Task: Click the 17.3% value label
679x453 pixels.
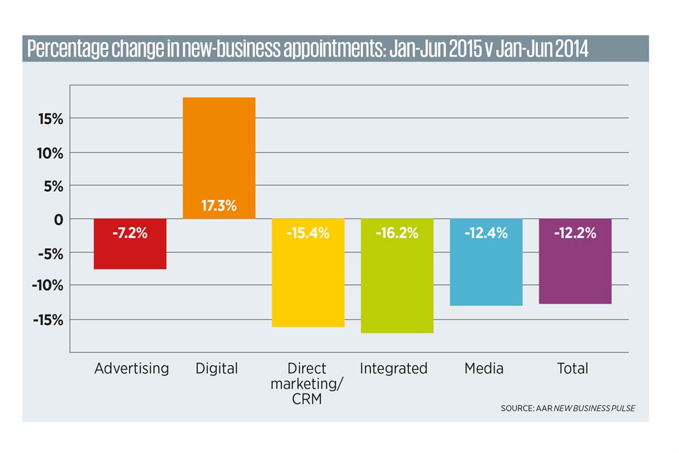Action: tap(219, 206)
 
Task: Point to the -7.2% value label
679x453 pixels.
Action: tap(130, 233)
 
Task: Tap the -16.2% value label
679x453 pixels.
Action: tap(397, 233)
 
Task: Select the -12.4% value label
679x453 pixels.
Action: tap(486, 233)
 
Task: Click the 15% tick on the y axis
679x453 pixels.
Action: tap(50, 119)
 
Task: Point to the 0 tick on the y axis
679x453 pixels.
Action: tap(58, 220)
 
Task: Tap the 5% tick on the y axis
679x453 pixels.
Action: tap(54, 186)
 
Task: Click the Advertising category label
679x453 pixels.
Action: tap(131, 369)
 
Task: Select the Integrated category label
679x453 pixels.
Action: tap(393, 369)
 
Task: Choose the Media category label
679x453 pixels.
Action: tap(484, 369)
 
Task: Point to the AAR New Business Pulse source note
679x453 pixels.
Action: tap(567, 409)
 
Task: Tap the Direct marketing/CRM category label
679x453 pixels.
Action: tap(307, 384)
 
